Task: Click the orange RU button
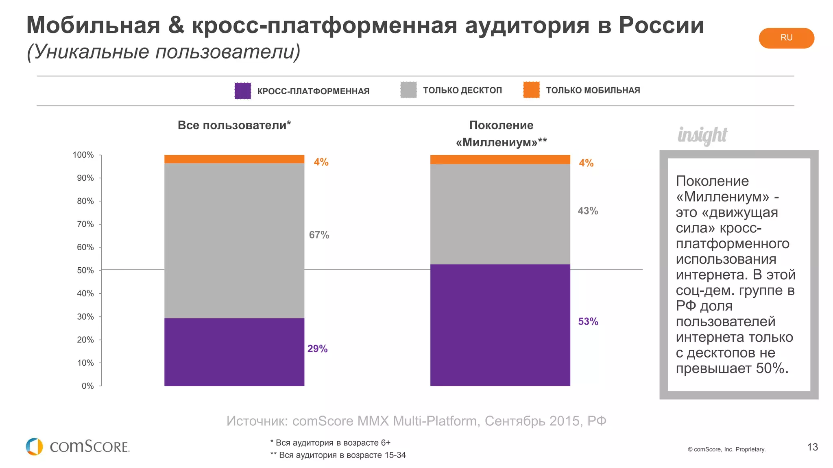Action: tap(786, 38)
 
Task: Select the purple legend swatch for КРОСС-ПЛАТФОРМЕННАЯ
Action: tap(243, 91)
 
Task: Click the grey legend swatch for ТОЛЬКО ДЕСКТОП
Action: tap(408, 90)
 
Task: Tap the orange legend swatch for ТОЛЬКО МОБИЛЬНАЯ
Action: tap(531, 90)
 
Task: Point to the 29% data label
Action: tap(317, 349)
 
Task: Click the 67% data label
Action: tap(319, 235)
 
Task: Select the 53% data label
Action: tap(588, 321)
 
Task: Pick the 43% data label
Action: tap(588, 211)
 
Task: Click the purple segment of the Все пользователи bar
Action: tap(234, 352)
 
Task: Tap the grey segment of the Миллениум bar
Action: tap(500, 214)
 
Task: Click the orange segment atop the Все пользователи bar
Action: tap(234, 159)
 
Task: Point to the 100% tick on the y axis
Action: tap(83, 155)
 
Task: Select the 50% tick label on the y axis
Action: tap(85, 270)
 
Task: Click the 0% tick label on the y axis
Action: tap(87, 386)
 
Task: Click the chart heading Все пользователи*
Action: tap(234, 125)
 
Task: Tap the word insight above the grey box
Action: tap(702, 135)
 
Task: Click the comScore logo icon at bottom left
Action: tap(34, 446)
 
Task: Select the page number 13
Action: tap(812, 447)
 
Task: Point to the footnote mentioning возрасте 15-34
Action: tap(338, 455)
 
